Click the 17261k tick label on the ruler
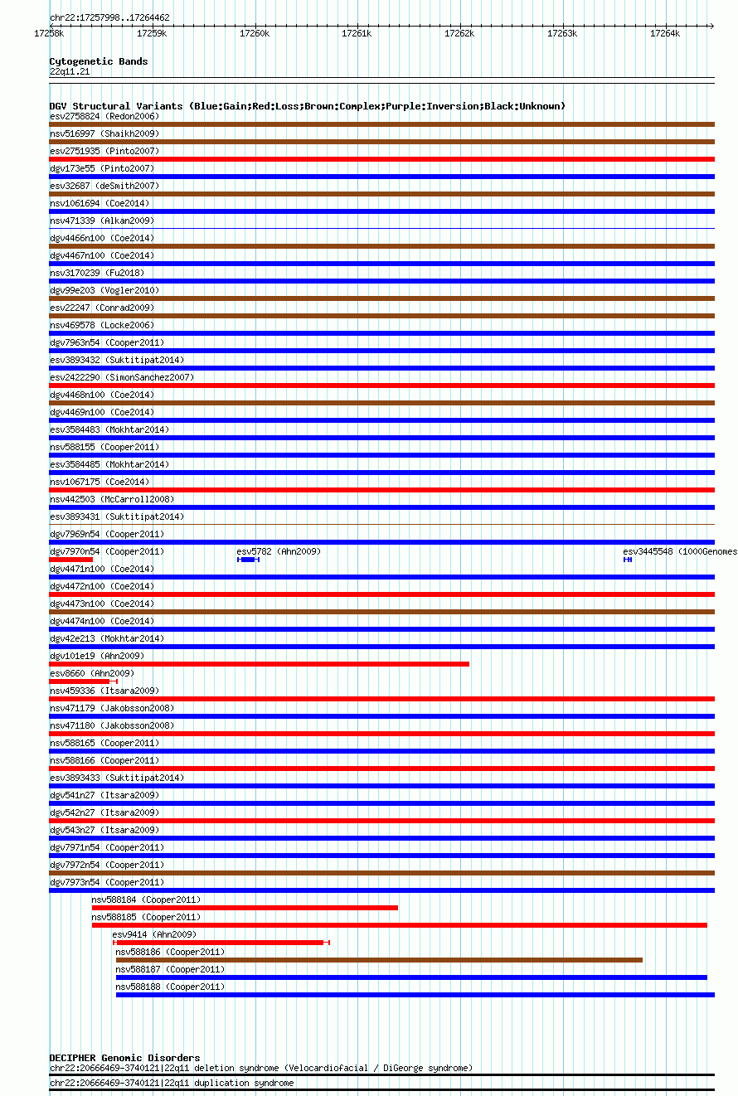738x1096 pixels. [357, 33]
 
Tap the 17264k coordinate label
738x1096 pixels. [664, 33]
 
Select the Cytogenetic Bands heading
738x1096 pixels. [99, 61]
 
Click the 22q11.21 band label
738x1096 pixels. [70, 71]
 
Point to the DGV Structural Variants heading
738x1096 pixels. [307, 106]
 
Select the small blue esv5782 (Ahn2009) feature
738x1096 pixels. [248, 560]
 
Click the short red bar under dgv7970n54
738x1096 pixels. [70, 560]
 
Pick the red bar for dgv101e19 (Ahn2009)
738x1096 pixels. [259, 664]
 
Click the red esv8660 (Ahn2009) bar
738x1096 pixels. [81, 681]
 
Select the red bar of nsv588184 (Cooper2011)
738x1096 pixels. [245, 908]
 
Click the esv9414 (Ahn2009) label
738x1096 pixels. [154, 934]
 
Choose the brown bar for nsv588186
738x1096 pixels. [379, 960]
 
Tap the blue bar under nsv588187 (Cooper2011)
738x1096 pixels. [411, 977]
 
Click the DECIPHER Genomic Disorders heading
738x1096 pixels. [124, 1058]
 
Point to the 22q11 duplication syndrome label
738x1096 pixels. [172, 1083]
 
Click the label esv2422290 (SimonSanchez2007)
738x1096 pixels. [122, 377]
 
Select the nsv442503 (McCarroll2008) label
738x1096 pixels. [112, 499]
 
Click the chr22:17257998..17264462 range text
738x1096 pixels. [109, 17]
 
